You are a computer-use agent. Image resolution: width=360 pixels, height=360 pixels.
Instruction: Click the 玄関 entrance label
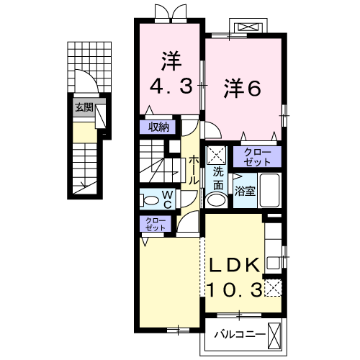click(84, 107)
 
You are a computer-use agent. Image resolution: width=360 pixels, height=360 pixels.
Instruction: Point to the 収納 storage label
click(159, 127)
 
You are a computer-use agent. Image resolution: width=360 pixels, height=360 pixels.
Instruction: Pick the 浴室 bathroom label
click(246, 191)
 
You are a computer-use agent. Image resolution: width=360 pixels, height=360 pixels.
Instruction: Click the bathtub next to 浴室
click(269, 191)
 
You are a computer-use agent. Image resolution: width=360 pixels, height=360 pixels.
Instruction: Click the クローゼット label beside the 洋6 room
click(257, 156)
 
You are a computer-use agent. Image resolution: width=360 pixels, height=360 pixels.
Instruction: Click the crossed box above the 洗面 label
click(216, 155)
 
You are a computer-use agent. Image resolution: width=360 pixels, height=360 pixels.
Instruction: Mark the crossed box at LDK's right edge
click(273, 289)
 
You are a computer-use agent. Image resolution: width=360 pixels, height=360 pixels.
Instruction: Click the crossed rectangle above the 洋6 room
click(247, 27)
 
